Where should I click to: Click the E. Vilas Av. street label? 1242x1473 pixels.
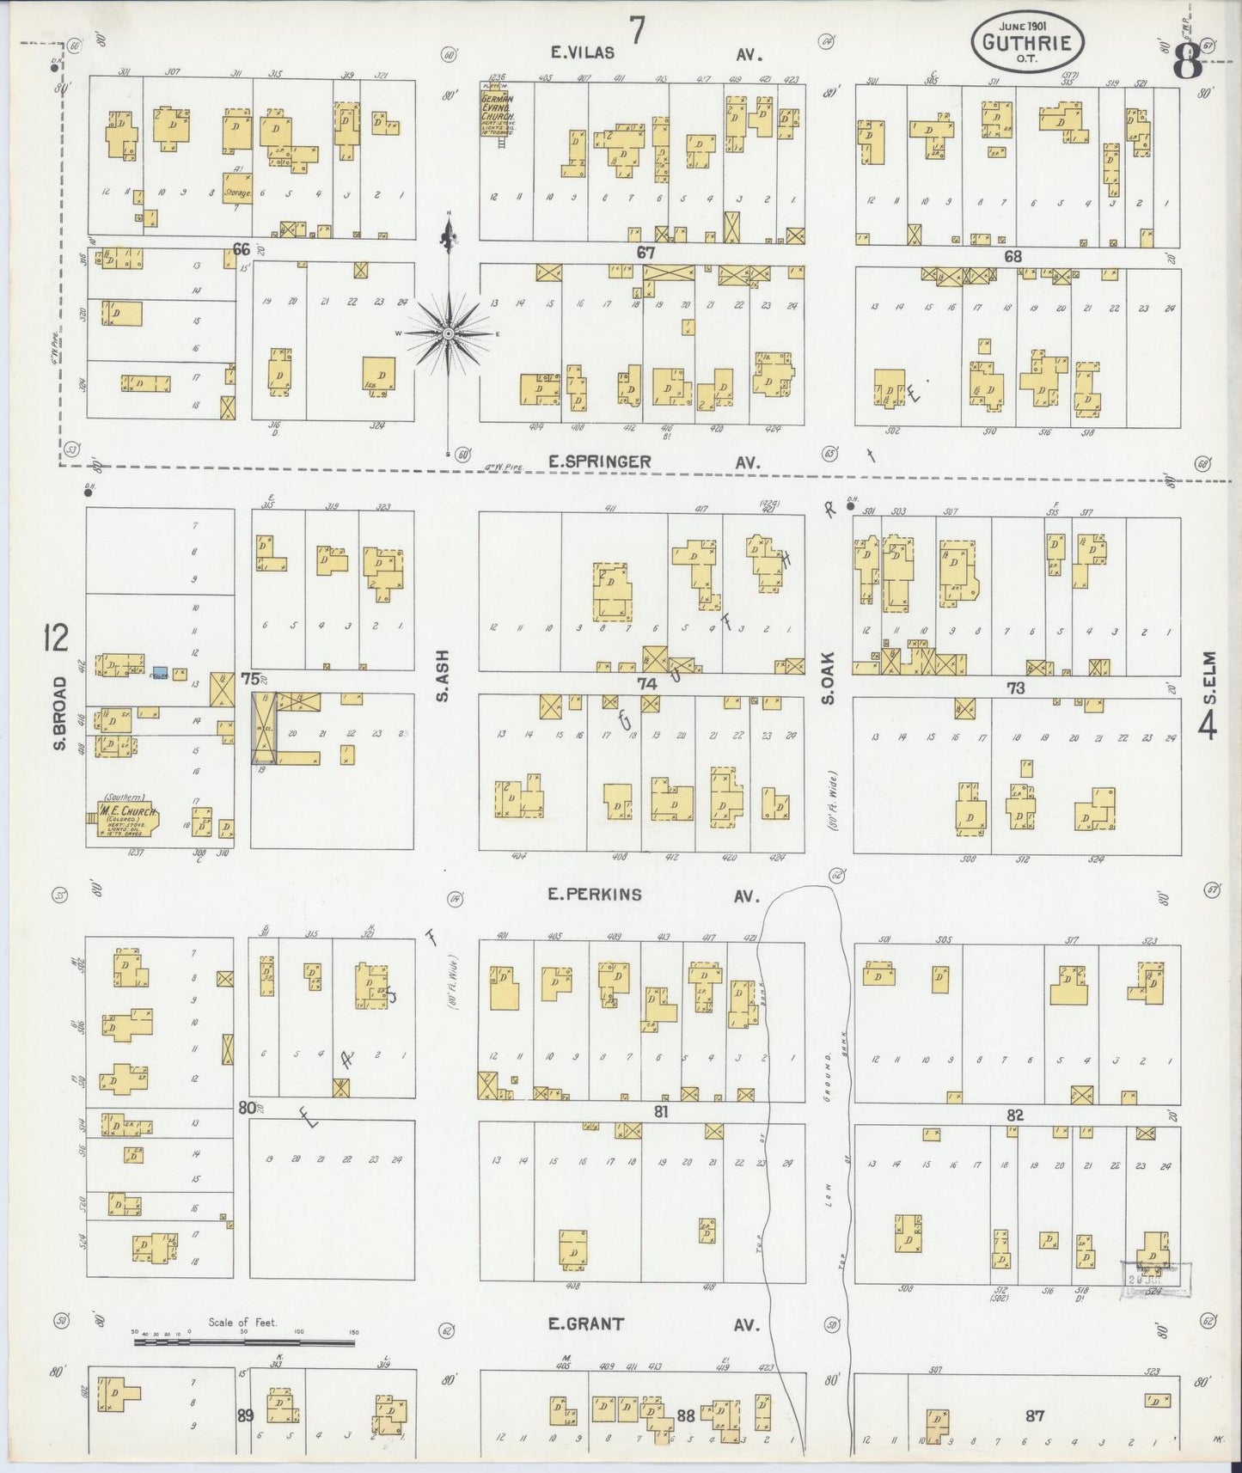point(658,53)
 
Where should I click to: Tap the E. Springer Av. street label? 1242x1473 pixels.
point(653,462)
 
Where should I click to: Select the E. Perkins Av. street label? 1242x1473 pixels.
point(653,895)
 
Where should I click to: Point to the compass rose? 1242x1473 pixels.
point(449,333)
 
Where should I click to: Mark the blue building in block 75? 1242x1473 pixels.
point(160,672)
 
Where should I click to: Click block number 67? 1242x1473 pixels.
point(646,254)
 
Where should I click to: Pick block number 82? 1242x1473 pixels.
point(1015,1115)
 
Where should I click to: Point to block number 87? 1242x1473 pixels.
point(1035,1416)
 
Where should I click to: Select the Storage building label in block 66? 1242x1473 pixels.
point(237,193)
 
